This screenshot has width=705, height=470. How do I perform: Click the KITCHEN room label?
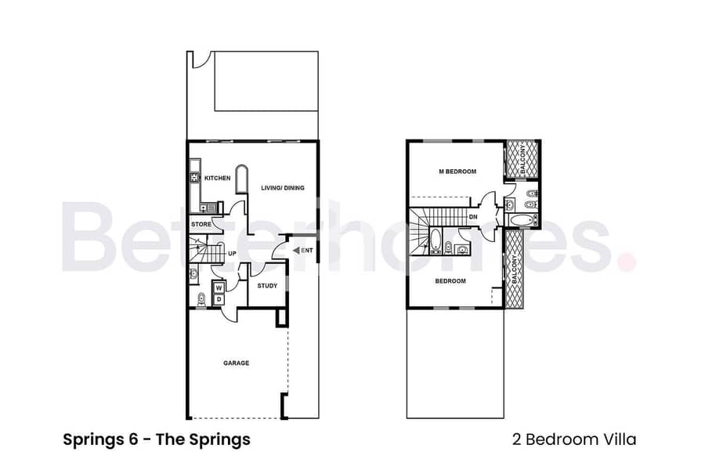point(217,179)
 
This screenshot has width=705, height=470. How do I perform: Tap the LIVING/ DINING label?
point(282,188)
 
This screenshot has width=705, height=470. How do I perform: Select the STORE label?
point(201,225)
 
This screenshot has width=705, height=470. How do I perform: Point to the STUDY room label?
point(267,286)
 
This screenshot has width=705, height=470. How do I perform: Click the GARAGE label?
point(236,363)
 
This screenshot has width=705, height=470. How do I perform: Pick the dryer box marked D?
point(219,299)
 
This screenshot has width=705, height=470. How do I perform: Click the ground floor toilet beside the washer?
point(201,298)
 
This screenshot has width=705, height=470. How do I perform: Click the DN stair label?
point(473,216)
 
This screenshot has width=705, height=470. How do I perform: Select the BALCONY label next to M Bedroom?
point(521,159)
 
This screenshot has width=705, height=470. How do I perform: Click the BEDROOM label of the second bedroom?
point(450,280)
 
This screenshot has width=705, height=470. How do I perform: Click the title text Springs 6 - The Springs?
point(157,439)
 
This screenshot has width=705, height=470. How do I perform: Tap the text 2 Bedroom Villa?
point(580,439)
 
